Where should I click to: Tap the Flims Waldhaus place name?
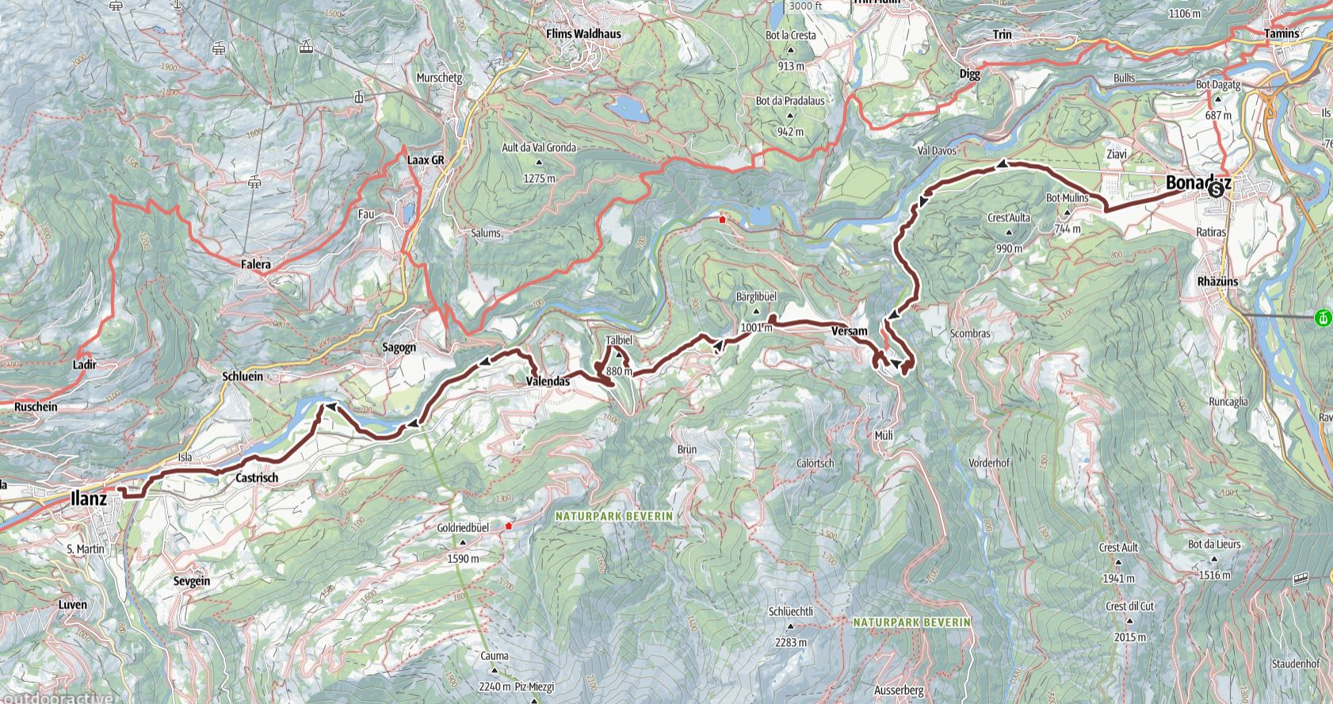click(584, 34)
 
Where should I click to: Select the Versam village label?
click(850, 331)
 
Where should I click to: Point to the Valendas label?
click(548, 381)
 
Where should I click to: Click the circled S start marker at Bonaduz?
click(1216, 189)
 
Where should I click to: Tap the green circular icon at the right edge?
click(1322, 319)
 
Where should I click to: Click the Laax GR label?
click(426, 159)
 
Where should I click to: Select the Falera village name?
click(255, 265)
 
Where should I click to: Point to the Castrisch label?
click(257, 478)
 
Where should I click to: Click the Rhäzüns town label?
click(1219, 281)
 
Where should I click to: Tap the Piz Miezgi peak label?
click(534, 687)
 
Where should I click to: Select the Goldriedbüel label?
click(463, 527)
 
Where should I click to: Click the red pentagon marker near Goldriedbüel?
click(509, 526)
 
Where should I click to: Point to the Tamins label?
click(1281, 33)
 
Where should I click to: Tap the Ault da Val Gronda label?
click(539, 147)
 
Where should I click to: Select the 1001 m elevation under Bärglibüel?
click(756, 327)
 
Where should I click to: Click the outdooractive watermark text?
click(55, 698)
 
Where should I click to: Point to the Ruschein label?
click(36, 407)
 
